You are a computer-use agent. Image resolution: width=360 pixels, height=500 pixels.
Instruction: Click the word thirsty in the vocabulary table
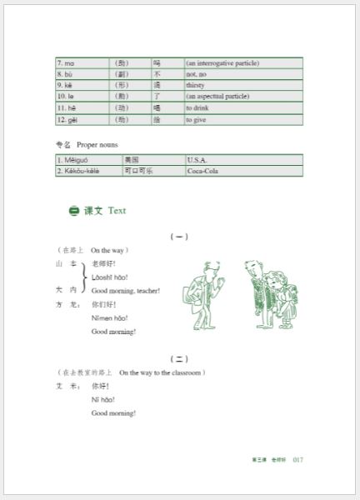[197, 85]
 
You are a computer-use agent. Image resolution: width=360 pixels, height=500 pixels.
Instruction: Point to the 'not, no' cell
[198, 73]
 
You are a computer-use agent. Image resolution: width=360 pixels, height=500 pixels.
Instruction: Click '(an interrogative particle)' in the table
[222, 62]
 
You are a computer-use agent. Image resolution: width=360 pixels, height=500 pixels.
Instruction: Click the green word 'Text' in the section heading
[117, 211]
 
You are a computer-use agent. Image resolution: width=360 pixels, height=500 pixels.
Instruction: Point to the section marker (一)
[179, 237]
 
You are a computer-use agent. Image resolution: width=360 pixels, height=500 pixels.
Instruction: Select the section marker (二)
[179, 358]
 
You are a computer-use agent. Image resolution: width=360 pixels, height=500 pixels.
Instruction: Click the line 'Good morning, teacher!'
[126, 291]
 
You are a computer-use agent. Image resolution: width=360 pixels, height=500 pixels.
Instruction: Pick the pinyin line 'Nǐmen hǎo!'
[109, 317]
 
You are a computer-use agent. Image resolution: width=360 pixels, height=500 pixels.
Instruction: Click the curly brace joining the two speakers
[84, 277]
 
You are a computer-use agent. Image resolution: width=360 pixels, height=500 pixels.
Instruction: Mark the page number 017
[302, 459]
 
